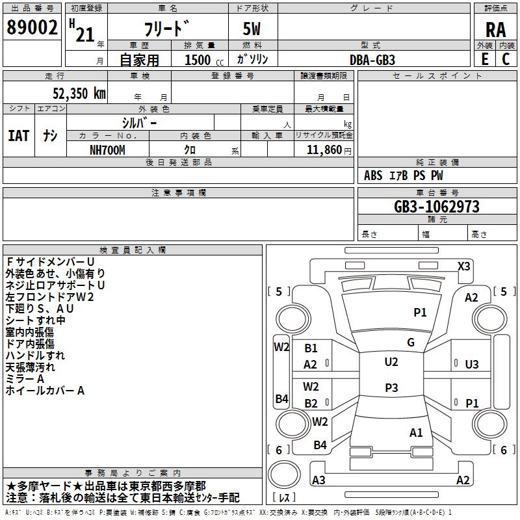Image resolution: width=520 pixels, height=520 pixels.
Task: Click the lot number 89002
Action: pos(32,29)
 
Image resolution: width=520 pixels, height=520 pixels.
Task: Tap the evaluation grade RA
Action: pos(495,29)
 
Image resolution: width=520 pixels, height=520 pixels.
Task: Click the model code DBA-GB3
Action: pos(372,59)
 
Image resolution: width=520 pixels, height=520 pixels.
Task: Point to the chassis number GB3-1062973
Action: pos(437,207)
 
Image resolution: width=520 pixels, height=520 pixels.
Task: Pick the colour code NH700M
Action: pos(108,150)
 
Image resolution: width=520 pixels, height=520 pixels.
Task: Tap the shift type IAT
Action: pos(18,135)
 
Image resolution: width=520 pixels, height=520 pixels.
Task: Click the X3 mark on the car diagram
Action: pos(464,266)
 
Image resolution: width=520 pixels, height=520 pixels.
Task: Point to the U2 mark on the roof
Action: pos(391,362)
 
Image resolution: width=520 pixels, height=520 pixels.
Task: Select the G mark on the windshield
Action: pos(410,343)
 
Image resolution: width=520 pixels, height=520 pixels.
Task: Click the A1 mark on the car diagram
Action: pos(416,432)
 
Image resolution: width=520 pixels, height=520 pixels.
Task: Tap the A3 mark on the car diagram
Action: pos(318,480)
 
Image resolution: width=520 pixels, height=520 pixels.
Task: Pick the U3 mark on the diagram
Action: pos(472,365)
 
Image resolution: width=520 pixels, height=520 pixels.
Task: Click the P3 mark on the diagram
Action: pos(391,388)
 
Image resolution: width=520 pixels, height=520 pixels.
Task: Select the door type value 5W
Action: pos(253,29)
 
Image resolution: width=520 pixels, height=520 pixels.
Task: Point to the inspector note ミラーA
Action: pos(25,379)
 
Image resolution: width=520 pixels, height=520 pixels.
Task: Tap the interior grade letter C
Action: pos(505,59)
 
